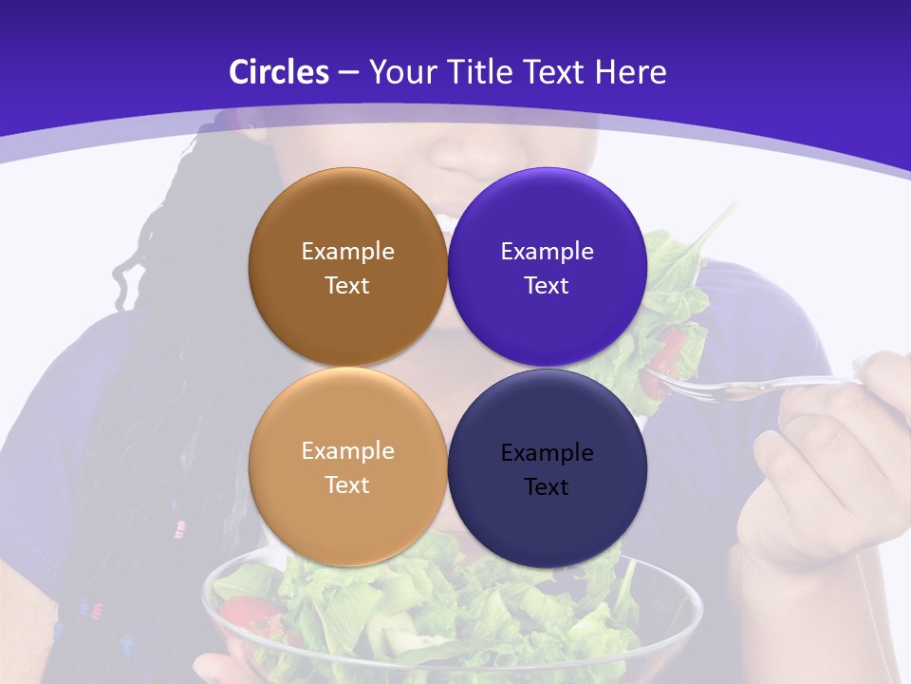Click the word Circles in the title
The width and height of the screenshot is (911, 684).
[278, 72]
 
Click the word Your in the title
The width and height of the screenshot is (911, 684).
[399, 72]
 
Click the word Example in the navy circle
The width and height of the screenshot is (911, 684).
[547, 452]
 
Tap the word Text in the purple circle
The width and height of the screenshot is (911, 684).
[547, 286]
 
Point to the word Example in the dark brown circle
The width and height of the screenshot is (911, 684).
[347, 252]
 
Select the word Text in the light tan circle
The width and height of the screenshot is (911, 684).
[347, 485]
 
